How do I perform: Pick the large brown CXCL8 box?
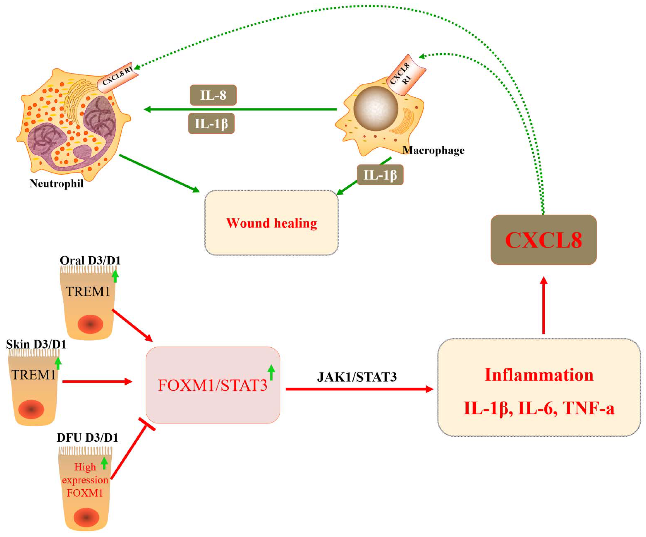coord(544,240)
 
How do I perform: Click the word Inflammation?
coord(539,375)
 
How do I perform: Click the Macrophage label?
coord(433,150)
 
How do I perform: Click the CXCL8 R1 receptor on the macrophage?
coord(405,75)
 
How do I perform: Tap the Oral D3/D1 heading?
coord(90,261)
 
